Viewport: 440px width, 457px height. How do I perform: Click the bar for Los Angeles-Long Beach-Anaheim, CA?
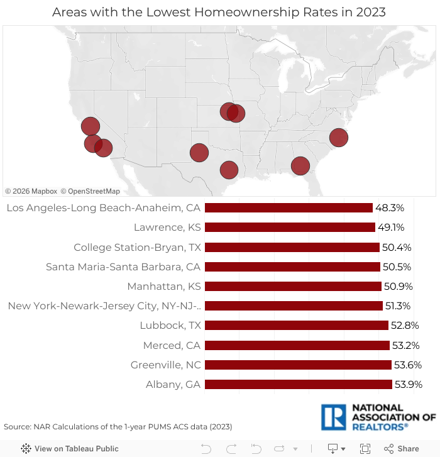[289, 208]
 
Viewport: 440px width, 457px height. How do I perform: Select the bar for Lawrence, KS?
[290, 228]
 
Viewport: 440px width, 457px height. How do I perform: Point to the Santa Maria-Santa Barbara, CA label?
[123, 267]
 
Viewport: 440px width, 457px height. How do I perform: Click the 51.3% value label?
[398, 306]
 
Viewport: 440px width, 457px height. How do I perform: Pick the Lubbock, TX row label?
[170, 326]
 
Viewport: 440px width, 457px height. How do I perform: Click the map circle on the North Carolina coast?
[338, 137]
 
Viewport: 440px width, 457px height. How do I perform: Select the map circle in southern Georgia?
[300, 165]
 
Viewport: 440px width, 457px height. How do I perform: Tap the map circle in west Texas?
[199, 152]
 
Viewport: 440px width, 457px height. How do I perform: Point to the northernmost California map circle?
[90, 126]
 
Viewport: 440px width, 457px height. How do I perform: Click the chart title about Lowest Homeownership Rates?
[219, 12]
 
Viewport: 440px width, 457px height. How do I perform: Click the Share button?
[402, 448]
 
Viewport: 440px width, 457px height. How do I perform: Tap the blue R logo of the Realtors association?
[333, 417]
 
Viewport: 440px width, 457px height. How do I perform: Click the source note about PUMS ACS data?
[118, 426]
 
